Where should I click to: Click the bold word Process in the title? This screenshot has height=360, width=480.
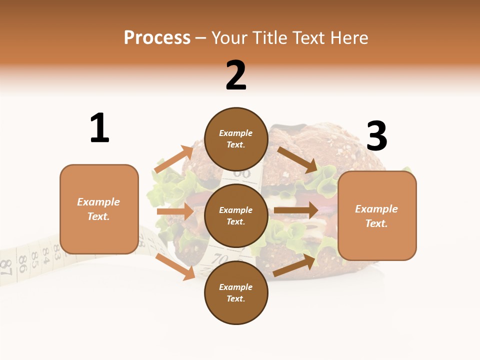[x=157, y=38]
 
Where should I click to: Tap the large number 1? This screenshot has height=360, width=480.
[x=99, y=128]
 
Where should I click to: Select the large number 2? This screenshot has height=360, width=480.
[x=236, y=75]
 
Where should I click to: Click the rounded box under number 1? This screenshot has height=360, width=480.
[x=99, y=209]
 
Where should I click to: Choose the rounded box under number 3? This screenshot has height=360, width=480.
[x=377, y=215]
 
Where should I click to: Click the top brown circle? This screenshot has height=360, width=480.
[x=236, y=139]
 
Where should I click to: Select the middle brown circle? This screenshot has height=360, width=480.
[x=236, y=215]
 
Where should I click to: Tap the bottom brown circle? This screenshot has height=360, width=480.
[x=236, y=292]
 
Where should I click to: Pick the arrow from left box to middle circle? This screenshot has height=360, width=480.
[x=175, y=212]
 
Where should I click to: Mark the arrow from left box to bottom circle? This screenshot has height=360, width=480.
[x=175, y=266]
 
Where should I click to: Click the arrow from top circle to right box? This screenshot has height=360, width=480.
[x=297, y=159]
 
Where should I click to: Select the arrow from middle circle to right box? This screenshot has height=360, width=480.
[x=295, y=210]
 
